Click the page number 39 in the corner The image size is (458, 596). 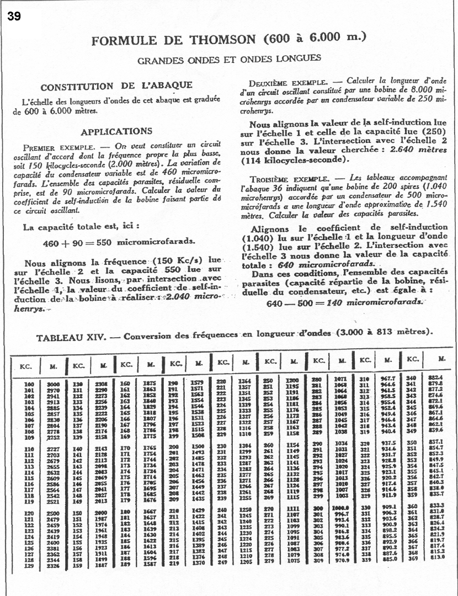coord(14,16)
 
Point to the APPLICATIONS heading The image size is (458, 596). coord(116,131)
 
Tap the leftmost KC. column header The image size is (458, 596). coord(25,365)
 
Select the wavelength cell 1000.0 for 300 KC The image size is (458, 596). coord(341,507)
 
